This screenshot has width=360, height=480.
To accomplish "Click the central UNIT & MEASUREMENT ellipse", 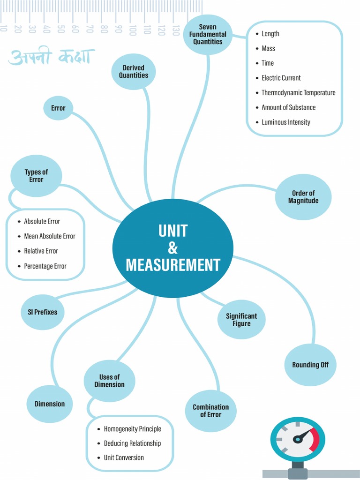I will tap(172, 248).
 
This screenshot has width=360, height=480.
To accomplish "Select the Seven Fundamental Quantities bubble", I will tap(208, 35).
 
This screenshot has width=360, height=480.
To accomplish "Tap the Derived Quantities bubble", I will tap(133, 72).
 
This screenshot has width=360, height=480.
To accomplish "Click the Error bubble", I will tap(58, 108).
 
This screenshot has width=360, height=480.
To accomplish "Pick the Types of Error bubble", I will tap(36, 176).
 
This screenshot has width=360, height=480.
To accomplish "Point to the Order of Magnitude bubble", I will tap(303, 197).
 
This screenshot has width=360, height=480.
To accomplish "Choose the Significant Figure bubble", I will tap(241, 320).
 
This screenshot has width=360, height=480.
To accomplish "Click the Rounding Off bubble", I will tap(310, 365).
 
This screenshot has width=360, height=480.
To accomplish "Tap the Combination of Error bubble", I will tap(210, 411).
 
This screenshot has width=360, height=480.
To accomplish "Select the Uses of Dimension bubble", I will tap(109, 381).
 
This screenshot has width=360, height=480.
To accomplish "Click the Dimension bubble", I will tap(50, 404).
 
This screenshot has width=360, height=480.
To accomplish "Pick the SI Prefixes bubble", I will tap(42, 312).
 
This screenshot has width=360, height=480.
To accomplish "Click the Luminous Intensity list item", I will tap(285, 122).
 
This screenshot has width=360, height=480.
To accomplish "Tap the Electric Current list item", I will tap(281, 78).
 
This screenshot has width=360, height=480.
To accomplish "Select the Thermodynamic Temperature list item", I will tap(298, 93).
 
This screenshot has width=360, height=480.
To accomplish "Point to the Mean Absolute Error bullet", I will tap(49, 236).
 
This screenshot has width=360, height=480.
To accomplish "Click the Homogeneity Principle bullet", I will tap(132, 429).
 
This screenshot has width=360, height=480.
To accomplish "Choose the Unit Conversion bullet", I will tap(124, 457).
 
